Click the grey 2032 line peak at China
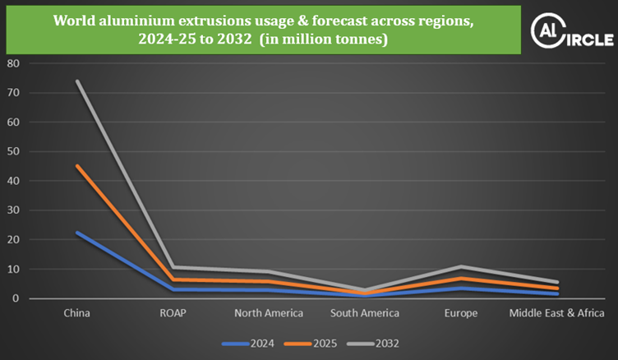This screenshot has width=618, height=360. coord(76,81)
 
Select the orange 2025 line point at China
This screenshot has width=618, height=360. coord(76,166)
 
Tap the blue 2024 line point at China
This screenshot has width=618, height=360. coord(76,233)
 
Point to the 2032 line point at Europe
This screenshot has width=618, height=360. coord(460,266)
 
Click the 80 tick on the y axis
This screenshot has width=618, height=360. coord(12,63)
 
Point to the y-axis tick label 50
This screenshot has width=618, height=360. coord(12,151)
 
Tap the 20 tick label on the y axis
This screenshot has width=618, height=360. coord(12,240)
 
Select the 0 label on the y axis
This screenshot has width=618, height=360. coord(16,299)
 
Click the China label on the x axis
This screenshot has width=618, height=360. coord(76,313)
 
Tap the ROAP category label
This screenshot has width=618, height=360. coord(173,313)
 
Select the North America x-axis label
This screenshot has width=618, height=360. coord(269,313)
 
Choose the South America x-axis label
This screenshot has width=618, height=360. coord(364,313)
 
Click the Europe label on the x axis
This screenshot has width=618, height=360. coord(460,313)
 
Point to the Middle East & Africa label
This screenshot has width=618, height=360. coord(556,313)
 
